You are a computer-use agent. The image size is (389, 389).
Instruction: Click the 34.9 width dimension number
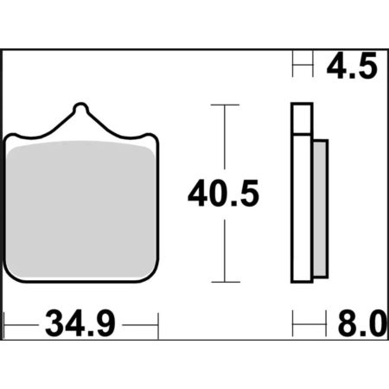[x=80, y=324]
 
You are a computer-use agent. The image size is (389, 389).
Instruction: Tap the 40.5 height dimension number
[x=224, y=194]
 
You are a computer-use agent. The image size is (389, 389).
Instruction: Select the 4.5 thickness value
[x=352, y=66]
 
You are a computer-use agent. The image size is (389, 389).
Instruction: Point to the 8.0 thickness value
[x=362, y=324]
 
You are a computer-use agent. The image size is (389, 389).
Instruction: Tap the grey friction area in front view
[x=81, y=209]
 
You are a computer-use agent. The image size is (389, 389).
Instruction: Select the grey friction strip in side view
[x=320, y=208]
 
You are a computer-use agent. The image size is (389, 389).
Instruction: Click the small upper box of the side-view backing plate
[x=302, y=118]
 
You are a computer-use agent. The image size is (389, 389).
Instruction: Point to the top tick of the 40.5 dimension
[x=225, y=105]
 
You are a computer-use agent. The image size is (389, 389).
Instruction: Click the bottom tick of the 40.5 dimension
[x=226, y=282]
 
